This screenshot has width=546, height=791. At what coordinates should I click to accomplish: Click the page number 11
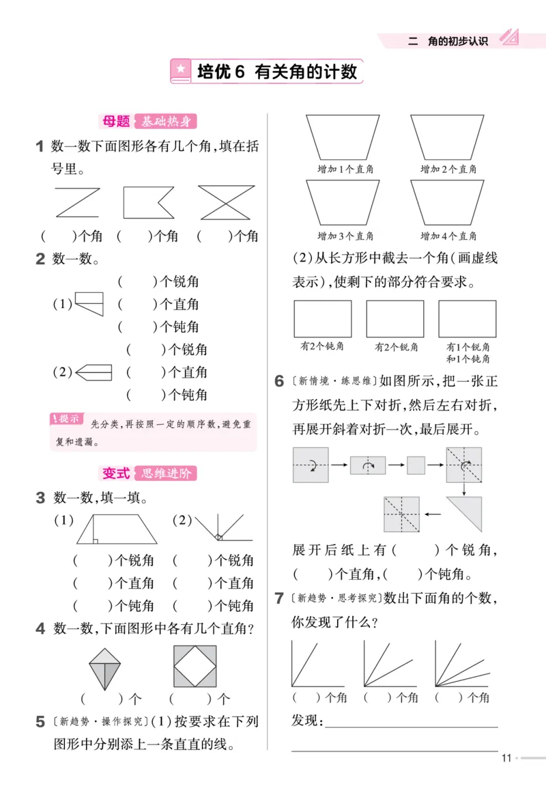[506, 758]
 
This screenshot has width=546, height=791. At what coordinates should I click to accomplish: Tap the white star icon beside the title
[181, 70]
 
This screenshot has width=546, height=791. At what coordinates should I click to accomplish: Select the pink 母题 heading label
[116, 122]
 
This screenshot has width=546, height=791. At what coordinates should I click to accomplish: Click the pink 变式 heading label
[116, 473]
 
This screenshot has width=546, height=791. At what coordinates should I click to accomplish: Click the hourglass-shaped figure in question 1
[226, 202]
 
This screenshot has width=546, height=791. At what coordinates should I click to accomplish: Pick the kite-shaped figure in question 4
[104, 667]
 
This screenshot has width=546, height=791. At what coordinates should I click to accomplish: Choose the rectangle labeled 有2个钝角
[322, 319]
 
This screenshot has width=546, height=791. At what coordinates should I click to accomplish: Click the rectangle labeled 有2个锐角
[395, 319]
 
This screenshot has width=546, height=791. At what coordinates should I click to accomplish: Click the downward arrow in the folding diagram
[463, 486]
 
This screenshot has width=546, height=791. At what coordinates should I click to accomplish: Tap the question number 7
[279, 599]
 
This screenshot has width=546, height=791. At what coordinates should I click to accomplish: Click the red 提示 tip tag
[67, 419]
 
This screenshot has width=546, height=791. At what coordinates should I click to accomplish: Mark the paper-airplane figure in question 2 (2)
[94, 372]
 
